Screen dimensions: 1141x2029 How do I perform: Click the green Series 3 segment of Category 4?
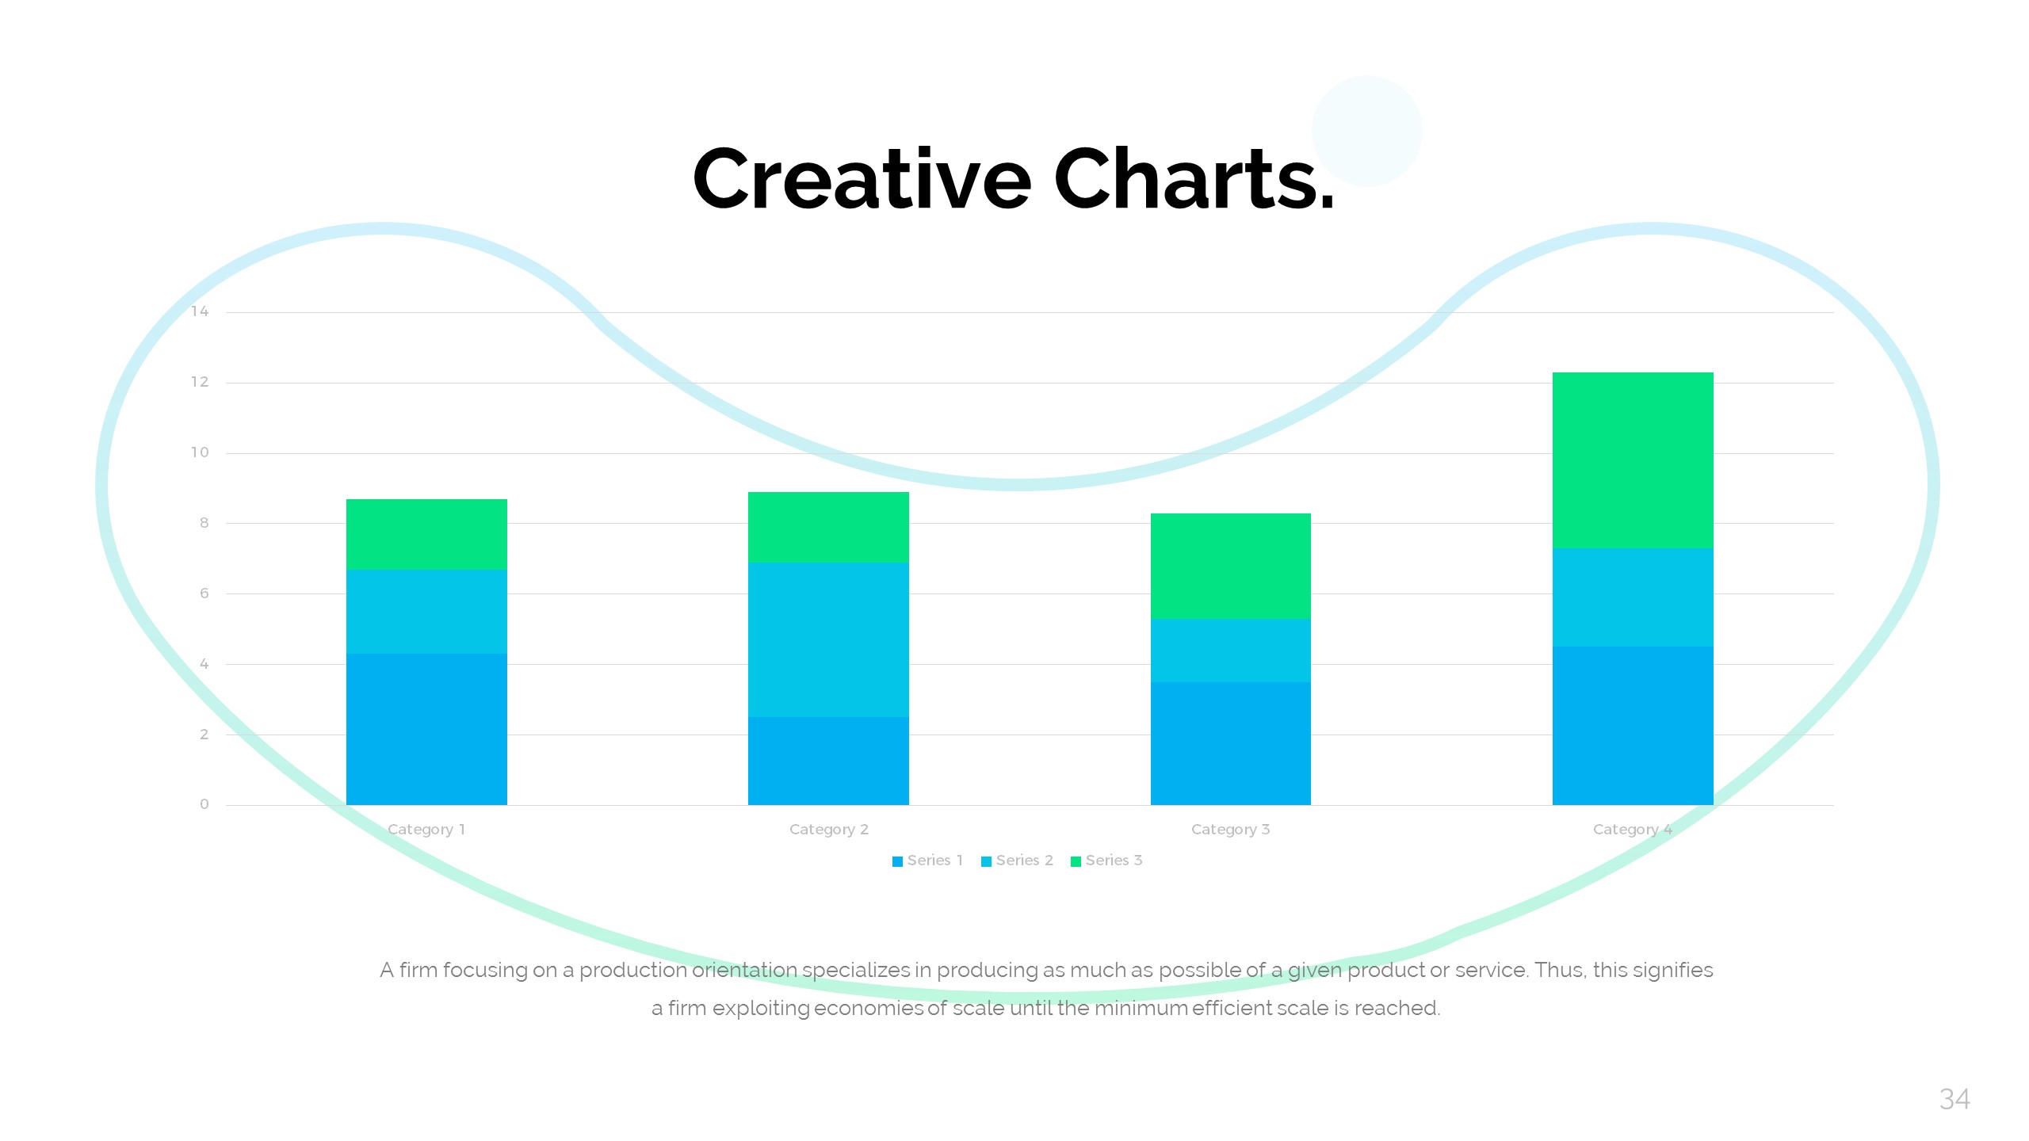(x=1633, y=460)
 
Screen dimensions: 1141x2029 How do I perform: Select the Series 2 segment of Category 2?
(x=828, y=639)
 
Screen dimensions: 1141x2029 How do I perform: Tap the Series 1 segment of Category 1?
(x=426, y=729)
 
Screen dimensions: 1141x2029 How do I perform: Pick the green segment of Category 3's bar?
(x=1230, y=566)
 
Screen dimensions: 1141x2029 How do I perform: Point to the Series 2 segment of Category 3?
(x=1230, y=650)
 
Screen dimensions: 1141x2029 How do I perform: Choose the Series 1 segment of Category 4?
(x=1633, y=725)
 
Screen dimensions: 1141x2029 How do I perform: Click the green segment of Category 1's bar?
(x=426, y=534)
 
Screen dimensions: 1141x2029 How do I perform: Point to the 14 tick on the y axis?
(x=200, y=311)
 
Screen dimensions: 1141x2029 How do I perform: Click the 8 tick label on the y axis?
(x=204, y=523)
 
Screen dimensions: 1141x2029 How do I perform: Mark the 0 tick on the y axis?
(x=204, y=804)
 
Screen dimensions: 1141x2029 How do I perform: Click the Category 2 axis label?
(x=828, y=830)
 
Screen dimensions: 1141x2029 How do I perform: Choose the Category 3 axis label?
(x=1230, y=830)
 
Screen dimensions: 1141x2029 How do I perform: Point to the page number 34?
(x=1954, y=1099)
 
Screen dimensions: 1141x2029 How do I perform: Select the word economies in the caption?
(x=868, y=1008)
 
